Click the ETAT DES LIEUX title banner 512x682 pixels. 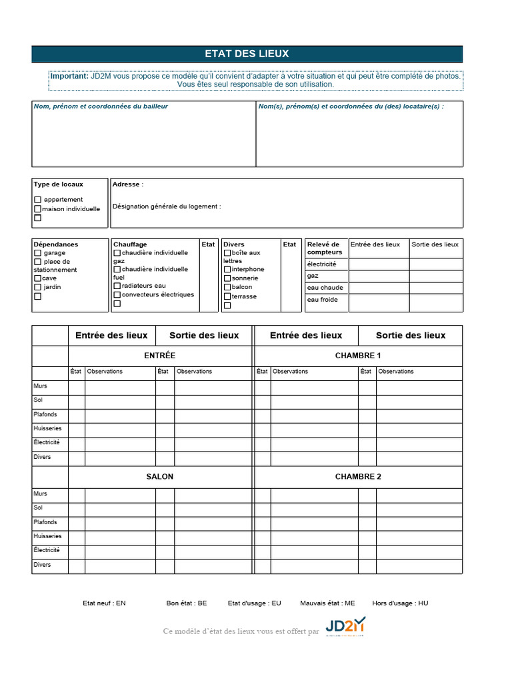pyautogui.click(x=247, y=54)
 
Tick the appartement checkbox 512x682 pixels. pyautogui.click(x=38, y=200)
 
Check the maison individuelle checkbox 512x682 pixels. pyautogui.click(x=38, y=209)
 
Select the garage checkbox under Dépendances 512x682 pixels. pyautogui.click(x=38, y=253)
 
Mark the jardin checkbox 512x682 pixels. pyautogui.click(x=38, y=287)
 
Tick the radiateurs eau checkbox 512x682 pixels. pyautogui.click(x=117, y=286)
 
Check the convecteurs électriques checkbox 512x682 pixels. pyautogui.click(x=117, y=295)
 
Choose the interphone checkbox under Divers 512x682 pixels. pyautogui.click(x=227, y=270)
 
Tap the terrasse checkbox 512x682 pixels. pyautogui.click(x=227, y=296)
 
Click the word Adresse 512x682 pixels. pyautogui.click(x=126, y=184)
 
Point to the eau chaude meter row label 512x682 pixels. pyautogui.click(x=325, y=288)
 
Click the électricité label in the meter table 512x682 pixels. pyautogui.click(x=322, y=264)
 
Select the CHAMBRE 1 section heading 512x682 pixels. pyautogui.click(x=358, y=356)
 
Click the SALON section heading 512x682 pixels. pyautogui.click(x=160, y=477)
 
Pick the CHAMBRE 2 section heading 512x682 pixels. pyautogui.click(x=358, y=477)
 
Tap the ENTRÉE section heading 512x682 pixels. pyautogui.click(x=160, y=356)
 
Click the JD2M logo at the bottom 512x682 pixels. pyautogui.click(x=346, y=626)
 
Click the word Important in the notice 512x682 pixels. pyautogui.click(x=69, y=77)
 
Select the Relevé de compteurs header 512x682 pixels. pyautogui.click(x=324, y=248)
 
